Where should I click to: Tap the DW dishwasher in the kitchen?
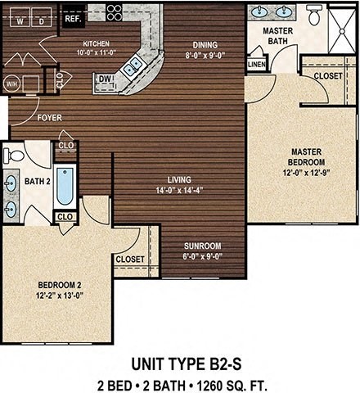pos(105,79)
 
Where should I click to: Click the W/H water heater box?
pos(12,83)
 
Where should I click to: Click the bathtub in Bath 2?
pos(65,187)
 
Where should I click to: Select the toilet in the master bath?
pos(313,14)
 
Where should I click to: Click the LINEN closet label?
pos(256,63)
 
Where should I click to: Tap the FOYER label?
pos(49,118)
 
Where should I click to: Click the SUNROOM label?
pos(202,246)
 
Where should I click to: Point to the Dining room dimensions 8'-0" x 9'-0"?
pos(206,56)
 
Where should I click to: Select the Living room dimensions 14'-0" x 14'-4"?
pos(179,192)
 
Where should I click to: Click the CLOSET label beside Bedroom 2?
pos(130,259)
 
